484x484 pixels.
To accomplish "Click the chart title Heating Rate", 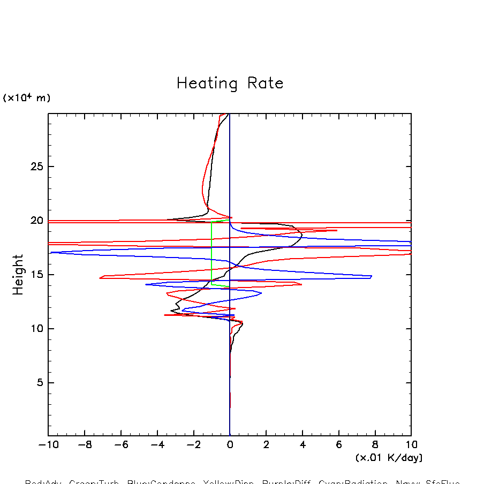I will (x=230, y=84).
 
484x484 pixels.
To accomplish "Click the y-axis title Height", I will (x=18, y=275).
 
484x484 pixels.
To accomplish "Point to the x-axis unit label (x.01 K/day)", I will (x=389, y=458).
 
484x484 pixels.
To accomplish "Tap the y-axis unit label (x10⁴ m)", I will (x=27, y=98).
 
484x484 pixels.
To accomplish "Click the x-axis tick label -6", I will (x=120, y=445).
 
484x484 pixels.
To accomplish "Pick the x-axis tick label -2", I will (x=193, y=445).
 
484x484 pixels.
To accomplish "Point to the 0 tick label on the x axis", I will (x=230, y=445).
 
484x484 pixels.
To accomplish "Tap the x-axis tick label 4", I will (x=303, y=445).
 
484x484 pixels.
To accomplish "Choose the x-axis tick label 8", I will (x=375, y=445).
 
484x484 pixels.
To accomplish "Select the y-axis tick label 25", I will (x=36, y=167).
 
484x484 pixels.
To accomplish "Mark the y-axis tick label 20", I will (x=36, y=221).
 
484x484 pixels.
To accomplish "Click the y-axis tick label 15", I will (x=36, y=275).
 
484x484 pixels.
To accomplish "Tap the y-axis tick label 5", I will (x=39, y=383).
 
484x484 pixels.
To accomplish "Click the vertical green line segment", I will (x=211, y=252).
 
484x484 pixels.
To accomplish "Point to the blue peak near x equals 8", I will (x=371, y=276).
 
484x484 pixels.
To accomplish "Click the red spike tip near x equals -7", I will (x=100, y=277).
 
